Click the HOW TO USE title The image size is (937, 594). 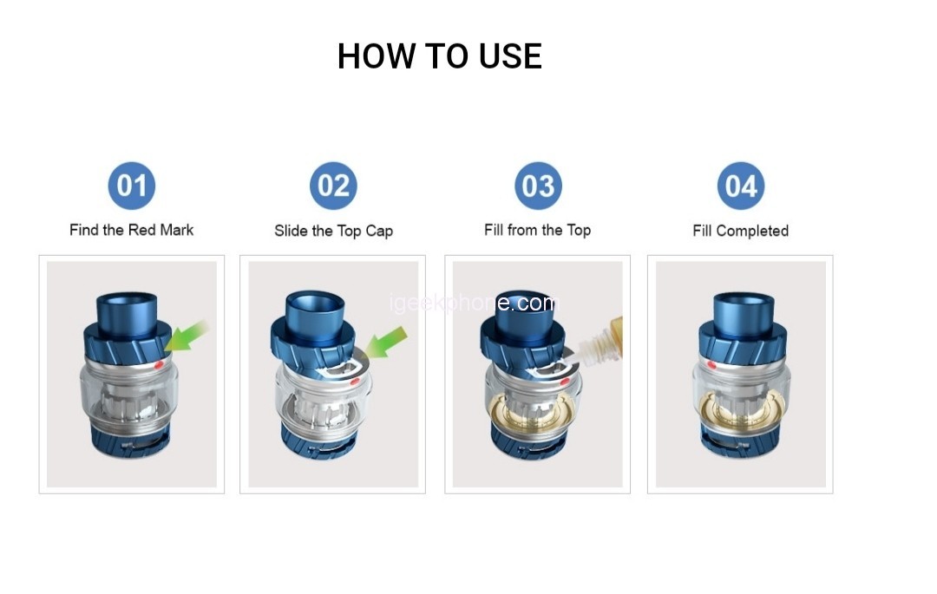coord(440,56)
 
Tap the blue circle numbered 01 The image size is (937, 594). coord(132,186)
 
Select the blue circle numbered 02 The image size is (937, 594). coord(333,186)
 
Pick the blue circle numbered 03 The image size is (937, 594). coord(539,186)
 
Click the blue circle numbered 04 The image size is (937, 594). coord(741,186)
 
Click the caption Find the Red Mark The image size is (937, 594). coord(132,230)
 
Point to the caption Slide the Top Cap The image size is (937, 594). coord(333,231)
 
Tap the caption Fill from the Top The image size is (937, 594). coord(538,230)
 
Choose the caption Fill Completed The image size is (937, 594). coord(741,231)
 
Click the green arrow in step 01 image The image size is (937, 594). coord(186,336)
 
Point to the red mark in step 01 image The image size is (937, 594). coord(159,364)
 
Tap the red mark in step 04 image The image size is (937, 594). coord(711,364)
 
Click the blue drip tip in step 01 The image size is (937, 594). coord(128,310)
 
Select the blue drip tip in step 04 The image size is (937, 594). coord(744,310)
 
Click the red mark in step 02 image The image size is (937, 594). coord(355,381)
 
